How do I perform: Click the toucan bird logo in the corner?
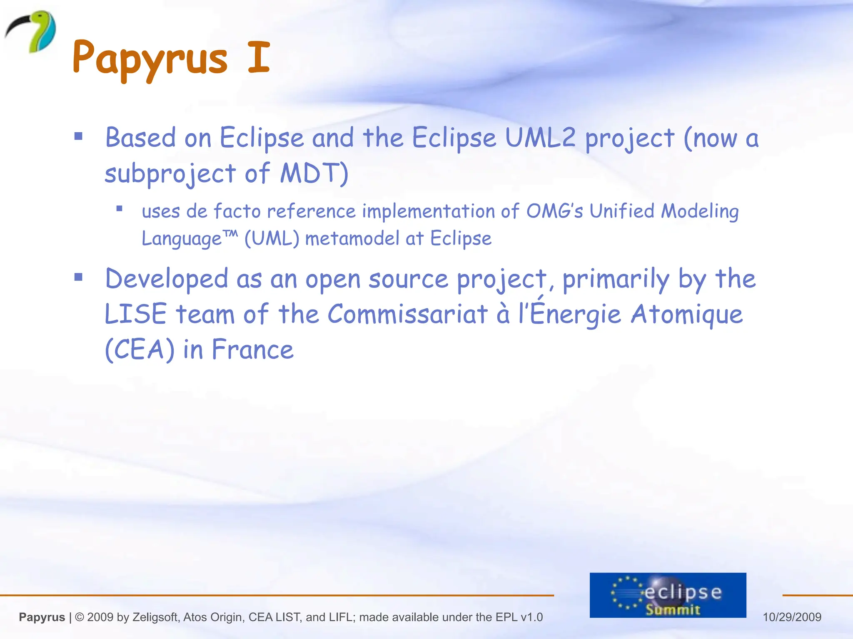point(31,31)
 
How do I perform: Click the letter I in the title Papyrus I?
point(259,57)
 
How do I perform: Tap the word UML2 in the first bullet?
point(540,137)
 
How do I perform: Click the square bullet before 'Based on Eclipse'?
point(78,136)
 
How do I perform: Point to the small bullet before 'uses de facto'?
point(119,209)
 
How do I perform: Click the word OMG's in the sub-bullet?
point(554,211)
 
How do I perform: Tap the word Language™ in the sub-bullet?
point(190,238)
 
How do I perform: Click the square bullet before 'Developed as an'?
point(78,277)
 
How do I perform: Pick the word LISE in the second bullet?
point(135,314)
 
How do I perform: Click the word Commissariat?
point(407,314)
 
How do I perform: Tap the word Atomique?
point(687,314)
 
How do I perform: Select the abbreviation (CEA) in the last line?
point(140,349)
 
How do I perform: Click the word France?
point(253,349)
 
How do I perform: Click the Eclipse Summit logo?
point(668,595)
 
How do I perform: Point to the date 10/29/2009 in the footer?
point(792,617)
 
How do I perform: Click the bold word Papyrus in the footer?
point(42,617)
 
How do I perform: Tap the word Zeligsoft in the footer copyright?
point(155,617)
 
